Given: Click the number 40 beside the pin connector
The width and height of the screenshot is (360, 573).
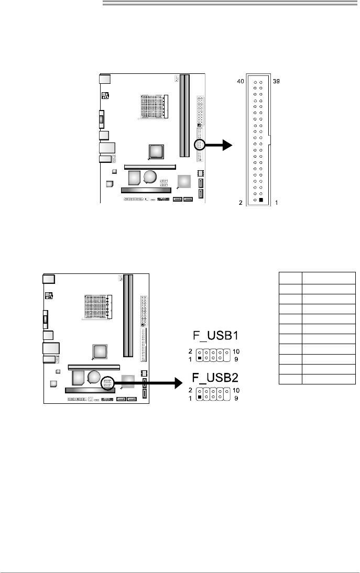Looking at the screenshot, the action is [x=240, y=81].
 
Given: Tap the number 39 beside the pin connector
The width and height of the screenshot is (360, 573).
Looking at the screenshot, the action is [x=276, y=81].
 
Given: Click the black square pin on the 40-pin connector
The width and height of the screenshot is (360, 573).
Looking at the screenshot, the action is [x=261, y=200].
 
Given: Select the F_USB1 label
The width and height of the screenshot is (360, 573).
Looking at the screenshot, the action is [x=216, y=336].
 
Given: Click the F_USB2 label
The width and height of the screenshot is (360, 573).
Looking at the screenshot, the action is [x=216, y=378].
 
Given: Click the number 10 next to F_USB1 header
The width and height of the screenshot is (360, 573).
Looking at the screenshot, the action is [x=236, y=351].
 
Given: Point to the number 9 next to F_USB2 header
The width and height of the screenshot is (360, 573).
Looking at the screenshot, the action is [x=236, y=398].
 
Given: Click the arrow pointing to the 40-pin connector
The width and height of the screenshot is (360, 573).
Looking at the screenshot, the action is [x=218, y=145].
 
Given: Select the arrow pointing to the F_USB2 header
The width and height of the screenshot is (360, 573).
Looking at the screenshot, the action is [x=148, y=383].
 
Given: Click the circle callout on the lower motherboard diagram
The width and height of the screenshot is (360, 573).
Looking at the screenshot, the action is [x=107, y=383].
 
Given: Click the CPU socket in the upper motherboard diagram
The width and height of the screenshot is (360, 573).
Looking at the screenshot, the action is [x=153, y=107].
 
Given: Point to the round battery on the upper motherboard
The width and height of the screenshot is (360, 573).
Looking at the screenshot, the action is [x=150, y=177].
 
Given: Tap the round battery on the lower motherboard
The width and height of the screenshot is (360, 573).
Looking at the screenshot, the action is [x=94, y=377].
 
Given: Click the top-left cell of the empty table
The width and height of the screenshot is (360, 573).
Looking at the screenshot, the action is [x=290, y=278].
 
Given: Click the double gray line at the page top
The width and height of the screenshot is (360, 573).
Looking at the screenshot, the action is [x=230, y=3].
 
